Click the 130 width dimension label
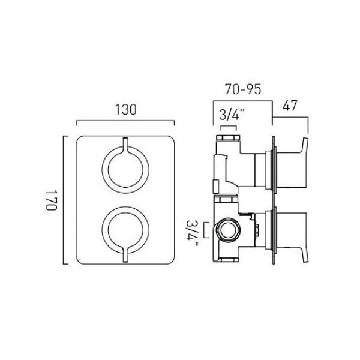point(125,110)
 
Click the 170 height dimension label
point(51,200)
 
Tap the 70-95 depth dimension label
point(243,89)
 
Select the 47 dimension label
point(290,106)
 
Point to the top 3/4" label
point(232,114)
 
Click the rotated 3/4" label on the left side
point(192,233)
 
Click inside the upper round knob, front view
point(125,169)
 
